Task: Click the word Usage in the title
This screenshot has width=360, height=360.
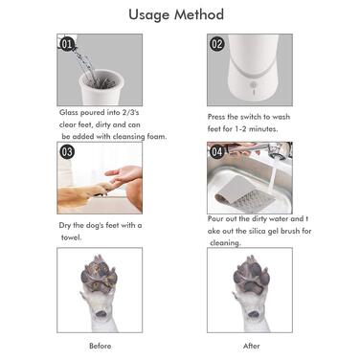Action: (x=149, y=15)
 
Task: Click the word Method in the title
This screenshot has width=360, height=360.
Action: (x=199, y=14)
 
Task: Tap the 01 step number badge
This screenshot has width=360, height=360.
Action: (x=67, y=44)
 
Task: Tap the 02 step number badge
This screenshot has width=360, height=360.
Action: (x=216, y=44)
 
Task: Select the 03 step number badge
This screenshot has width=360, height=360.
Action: (x=67, y=151)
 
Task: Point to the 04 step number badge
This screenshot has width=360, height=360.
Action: (x=216, y=151)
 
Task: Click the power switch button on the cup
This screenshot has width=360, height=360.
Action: (x=254, y=85)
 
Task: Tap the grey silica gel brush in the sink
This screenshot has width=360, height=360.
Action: (x=243, y=193)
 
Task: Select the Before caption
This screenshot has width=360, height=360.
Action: (x=101, y=346)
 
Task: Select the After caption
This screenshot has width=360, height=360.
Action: (x=252, y=346)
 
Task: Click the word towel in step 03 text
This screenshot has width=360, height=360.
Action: (x=71, y=237)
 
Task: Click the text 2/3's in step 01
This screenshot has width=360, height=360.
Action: (x=130, y=112)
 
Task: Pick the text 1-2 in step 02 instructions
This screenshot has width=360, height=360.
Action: (x=236, y=129)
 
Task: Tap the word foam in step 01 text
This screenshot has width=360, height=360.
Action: (x=157, y=137)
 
